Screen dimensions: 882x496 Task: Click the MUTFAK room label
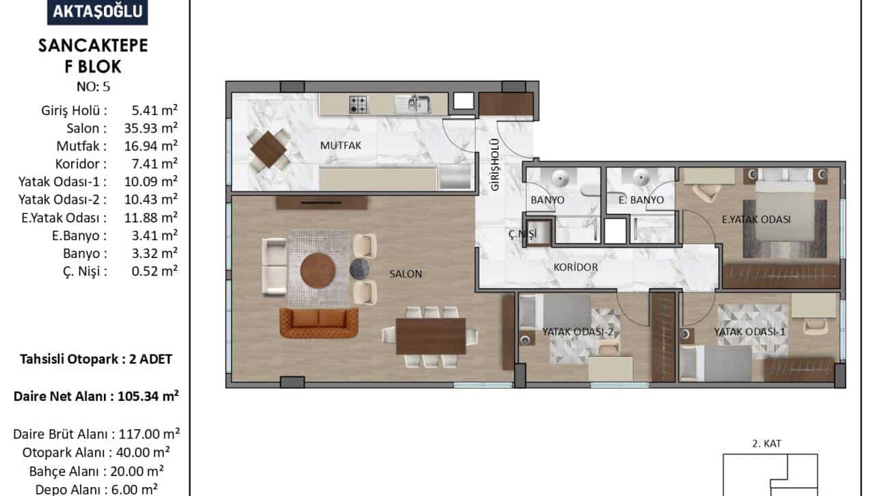[340, 145]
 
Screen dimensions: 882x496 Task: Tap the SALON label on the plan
[405, 274]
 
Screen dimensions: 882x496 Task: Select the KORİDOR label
[576, 267]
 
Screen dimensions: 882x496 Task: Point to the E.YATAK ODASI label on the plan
[756, 220]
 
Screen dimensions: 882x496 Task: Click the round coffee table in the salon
[318, 271]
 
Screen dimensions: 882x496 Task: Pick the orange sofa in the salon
[319, 323]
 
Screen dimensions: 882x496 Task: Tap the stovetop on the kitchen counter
[358, 105]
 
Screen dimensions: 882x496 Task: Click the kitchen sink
[412, 105]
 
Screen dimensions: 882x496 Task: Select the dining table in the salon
[431, 336]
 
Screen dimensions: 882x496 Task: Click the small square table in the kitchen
[269, 150]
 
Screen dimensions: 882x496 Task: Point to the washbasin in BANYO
[559, 179]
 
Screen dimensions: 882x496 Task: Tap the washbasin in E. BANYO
[641, 177]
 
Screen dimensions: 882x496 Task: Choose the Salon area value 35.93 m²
[151, 128]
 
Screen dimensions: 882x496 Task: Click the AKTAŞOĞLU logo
[97, 12]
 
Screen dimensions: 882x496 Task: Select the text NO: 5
[93, 87]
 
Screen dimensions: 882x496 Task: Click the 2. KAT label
[766, 443]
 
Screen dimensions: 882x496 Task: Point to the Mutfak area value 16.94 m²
[151, 146]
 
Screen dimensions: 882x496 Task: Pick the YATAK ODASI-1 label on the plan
[749, 332]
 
